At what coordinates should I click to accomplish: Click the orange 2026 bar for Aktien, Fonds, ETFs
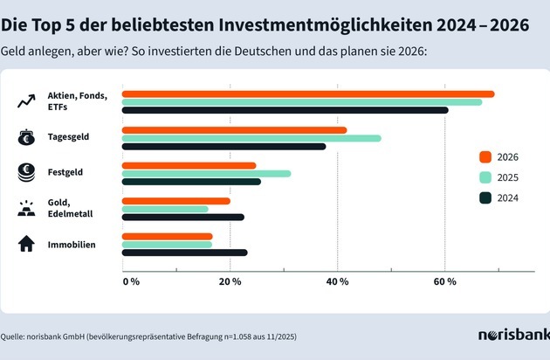pyautogui.click(x=307, y=94)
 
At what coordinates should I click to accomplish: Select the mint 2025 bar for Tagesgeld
pyautogui.click(x=251, y=138)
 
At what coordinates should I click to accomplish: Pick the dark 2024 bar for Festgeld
pyautogui.click(x=191, y=182)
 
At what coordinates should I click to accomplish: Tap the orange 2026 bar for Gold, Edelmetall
pyautogui.click(x=176, y=201)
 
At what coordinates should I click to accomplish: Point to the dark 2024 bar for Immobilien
pyautogui.click(x=184, y=253)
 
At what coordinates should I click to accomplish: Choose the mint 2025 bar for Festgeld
pyautogui.click(x=206, y=173)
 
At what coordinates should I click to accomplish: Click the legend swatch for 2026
pyautogui.click(x=485, y=157)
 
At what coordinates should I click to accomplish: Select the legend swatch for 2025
pyautogui.click(x=485, y=177)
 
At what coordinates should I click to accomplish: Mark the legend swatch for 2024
pyautogui.click(x=485, y=197)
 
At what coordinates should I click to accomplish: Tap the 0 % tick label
pyautogui.click(x=131, y=281)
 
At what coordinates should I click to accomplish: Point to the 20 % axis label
pyautogui.click(x=230, y=281)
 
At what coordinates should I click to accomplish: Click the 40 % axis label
pyautogui.click(x=337, y=281)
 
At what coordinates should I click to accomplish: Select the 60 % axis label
pyautogui.click(x=445, y=281)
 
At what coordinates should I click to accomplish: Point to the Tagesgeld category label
pyautogui.click(x=69, y=137)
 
